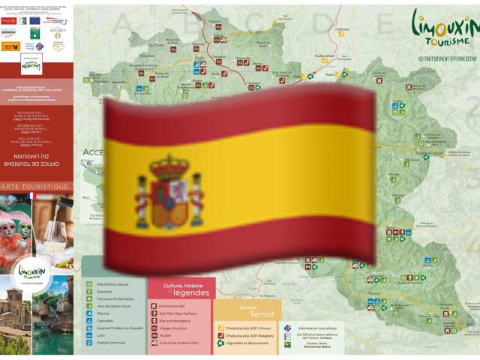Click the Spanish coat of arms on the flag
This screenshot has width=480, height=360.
(169, 191)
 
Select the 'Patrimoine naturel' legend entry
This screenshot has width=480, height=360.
(112, 284)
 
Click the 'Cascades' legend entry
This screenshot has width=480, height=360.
(106, 321)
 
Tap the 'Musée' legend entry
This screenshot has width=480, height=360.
(169, 335)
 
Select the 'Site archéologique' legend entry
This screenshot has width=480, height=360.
(177, 320)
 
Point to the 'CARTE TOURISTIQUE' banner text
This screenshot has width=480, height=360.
(37, 187)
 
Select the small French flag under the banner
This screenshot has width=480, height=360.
(31, 196)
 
